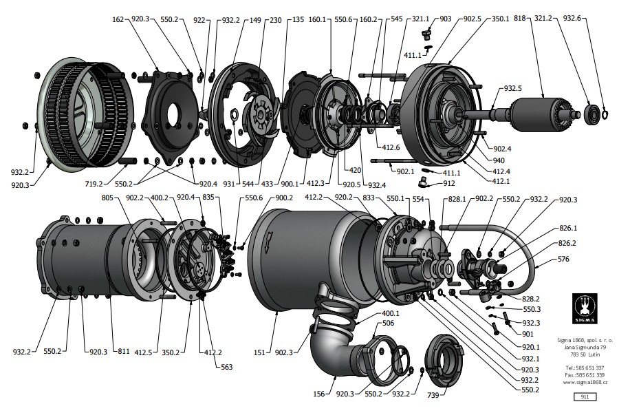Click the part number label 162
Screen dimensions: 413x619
tap(117, 20)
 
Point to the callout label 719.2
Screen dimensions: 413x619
tap(94, 184)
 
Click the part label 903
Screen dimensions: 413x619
tap(445, 19)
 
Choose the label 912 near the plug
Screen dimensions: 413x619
tap(448, 184)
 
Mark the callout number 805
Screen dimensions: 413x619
tap(107, 198)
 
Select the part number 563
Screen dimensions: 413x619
tap(226, 367)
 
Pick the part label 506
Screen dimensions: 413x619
tap(369, 323)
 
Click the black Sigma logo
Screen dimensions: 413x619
tap(584, 309)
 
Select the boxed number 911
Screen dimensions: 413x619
tap(584, 396)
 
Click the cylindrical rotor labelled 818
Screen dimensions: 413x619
tap(536, 114)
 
